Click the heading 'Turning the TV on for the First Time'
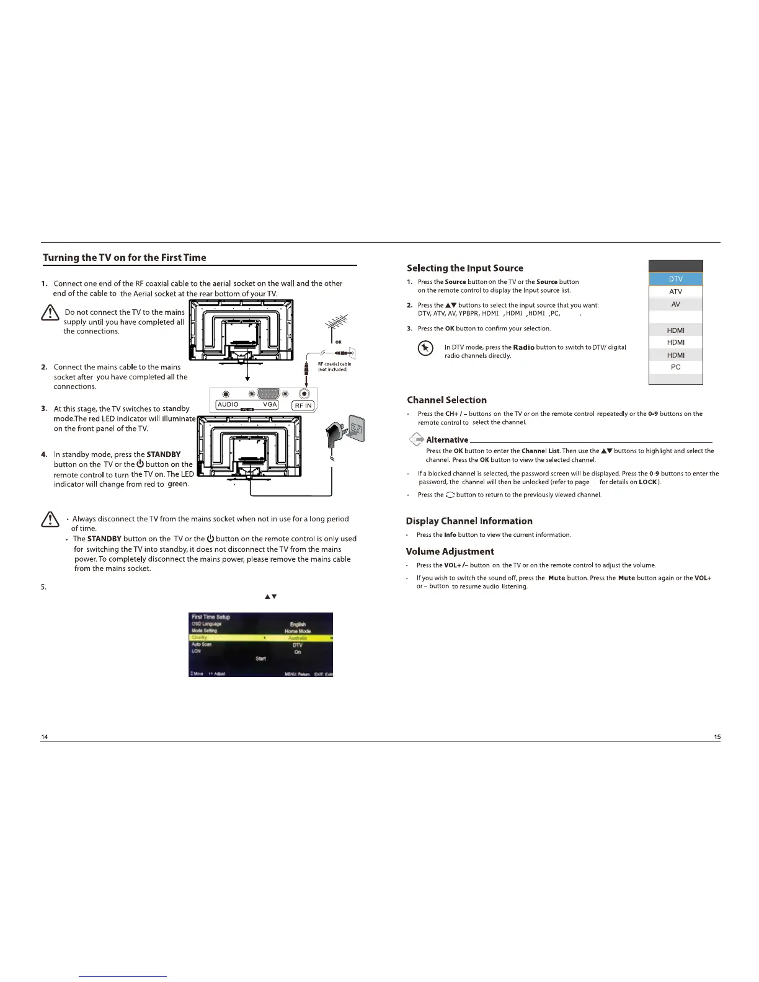[125, 258]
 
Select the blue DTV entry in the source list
[675, 279]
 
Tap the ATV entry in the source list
[675, 291]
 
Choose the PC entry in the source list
[675, 367]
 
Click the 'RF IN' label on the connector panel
[304, 406]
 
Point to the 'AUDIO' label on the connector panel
[228, 404]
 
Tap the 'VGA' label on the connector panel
[270, 404]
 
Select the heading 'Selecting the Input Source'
[464, 268]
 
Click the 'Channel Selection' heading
[446, 400]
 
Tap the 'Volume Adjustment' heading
[450, 551]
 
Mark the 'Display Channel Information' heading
[469, 521]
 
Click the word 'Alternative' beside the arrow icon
[447, 440]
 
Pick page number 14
[45, 736]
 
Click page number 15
[717, 736]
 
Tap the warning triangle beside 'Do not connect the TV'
[50, 314]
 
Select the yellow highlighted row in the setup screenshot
[260, 638]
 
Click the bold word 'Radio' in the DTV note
[523, 347]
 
